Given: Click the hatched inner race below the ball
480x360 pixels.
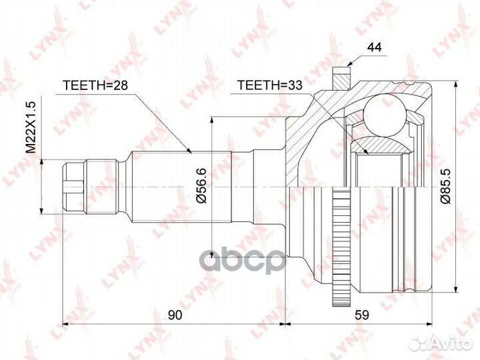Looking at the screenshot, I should [379, 141].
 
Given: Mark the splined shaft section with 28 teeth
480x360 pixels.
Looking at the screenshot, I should [180, 183].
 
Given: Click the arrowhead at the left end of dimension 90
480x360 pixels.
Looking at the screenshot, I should [65, 325].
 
